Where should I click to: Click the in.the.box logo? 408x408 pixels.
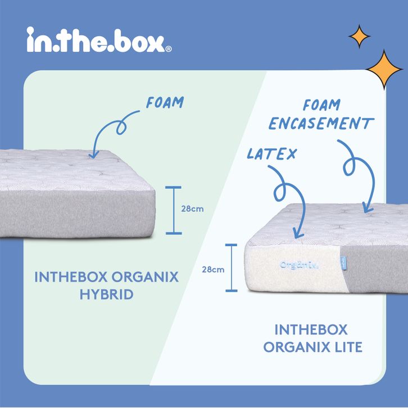pyautogui.click(x=96, y=41)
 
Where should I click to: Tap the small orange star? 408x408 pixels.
pyautogui.click(x=359, y=37)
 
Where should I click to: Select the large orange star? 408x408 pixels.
pyautogui.click(x=385, y=70)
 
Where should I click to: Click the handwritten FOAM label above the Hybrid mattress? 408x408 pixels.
pyautogui.click(x=165, y=103)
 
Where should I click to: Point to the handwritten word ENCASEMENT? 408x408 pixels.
pyautogui.click(x=321, y=124)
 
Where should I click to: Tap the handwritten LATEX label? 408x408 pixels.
pyautogui.click(x=271, y=153)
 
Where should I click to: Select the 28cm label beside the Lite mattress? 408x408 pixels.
pyautogui.click(x=213, y=269)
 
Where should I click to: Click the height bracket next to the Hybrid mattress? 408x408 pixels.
pyautogui.click(x=174, y=210)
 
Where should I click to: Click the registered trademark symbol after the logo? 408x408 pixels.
pyautogui.click(x=169, y=49)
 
